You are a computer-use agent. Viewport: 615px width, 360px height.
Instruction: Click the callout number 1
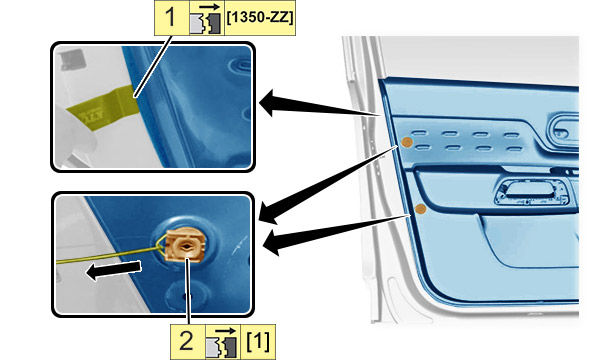(x=171, y=17)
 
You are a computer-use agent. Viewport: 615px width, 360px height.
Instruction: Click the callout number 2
(x=186, y=340)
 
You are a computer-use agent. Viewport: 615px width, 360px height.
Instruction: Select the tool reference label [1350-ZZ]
(x=260, y=18)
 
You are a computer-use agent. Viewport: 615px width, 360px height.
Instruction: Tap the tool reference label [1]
(x=258, y=341)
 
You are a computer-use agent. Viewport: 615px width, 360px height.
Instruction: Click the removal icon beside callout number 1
(x=207, y=19)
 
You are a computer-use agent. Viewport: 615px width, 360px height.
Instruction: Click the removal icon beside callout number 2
(x=222, y=342)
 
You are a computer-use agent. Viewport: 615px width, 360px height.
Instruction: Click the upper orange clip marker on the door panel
(x=407, y=142)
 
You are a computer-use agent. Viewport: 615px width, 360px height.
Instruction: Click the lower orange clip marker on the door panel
(x=420, y=209)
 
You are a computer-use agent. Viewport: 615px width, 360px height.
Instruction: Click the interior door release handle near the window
(x=563, y=129)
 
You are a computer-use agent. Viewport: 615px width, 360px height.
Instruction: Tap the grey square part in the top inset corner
(x=73, y=59)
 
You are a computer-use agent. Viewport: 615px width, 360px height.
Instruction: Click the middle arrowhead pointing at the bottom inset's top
(x=269, y=212)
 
